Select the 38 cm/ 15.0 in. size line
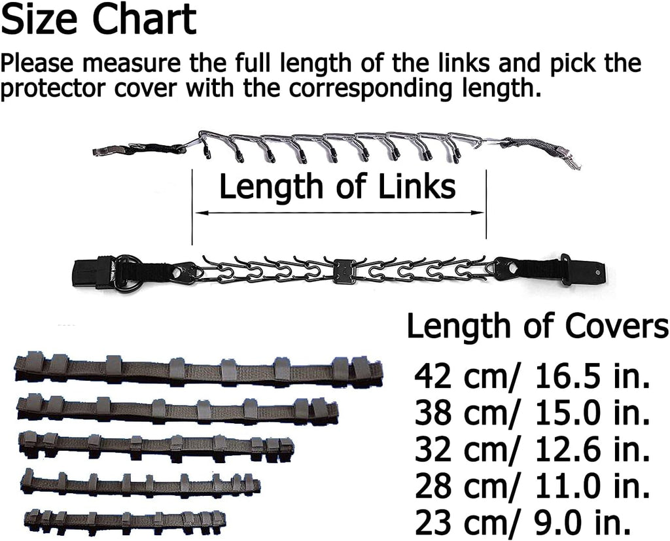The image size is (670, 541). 532,412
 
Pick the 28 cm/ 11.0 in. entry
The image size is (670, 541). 532,485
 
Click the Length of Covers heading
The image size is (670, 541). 537,326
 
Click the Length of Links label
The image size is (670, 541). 337,187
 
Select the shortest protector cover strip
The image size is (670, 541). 124,519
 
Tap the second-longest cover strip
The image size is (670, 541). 177,409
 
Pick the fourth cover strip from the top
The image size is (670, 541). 141,484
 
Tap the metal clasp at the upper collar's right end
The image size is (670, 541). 571,159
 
